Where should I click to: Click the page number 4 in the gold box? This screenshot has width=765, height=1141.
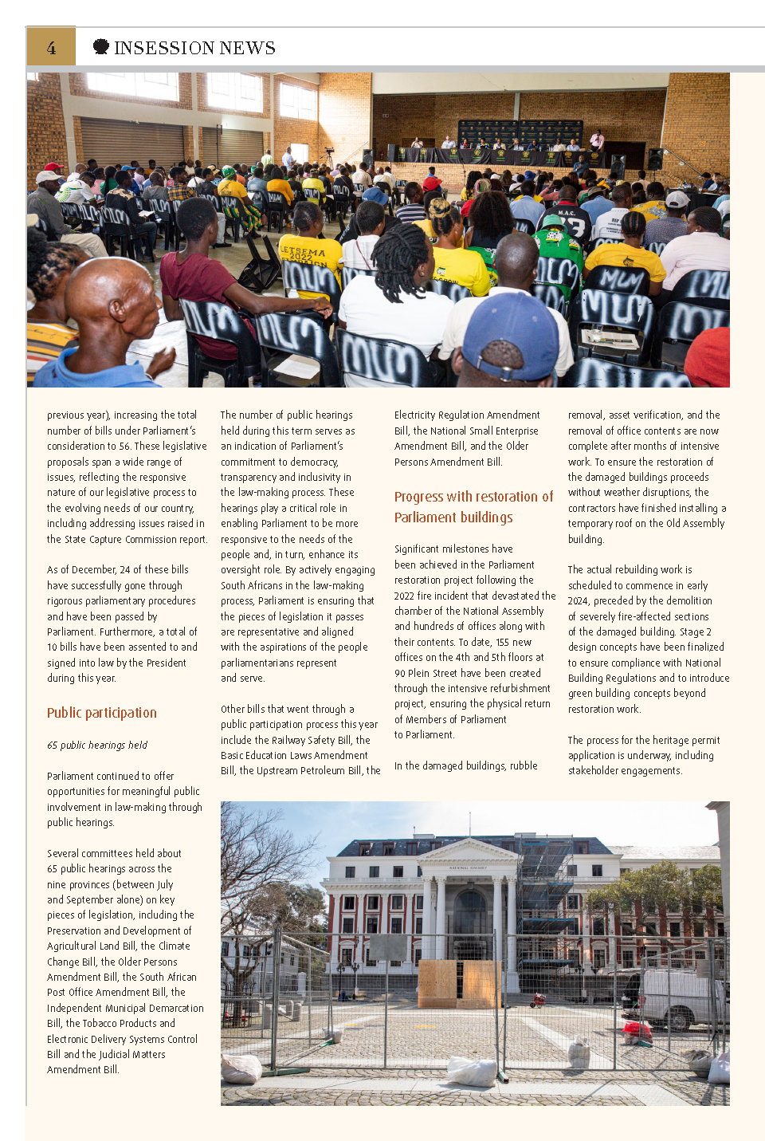[x=51, y=48]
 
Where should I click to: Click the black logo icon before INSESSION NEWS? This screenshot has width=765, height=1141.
[x=101, y=47]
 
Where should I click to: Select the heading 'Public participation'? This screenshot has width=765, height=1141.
[x=102, y=713]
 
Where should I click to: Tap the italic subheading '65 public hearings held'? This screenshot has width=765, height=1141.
[x=97, y=745]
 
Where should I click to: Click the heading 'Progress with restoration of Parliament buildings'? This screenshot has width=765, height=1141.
[x=473, y=507]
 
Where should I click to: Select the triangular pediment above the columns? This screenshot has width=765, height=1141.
[x=468, y=851]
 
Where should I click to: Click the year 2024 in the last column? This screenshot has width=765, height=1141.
[x=578, y=601]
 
